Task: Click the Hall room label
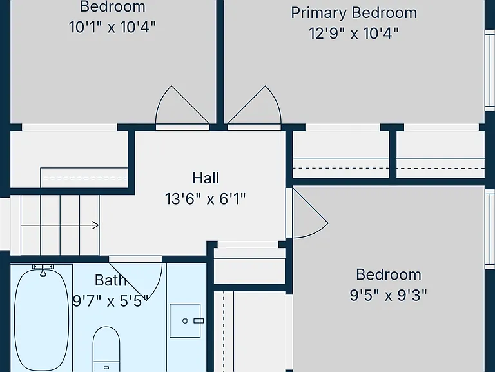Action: point(206,178)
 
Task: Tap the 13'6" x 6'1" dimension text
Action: point(205,200)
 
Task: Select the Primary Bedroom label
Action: point(354,14)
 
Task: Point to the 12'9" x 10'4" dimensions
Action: point(354,33)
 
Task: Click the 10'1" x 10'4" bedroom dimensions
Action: point(112,27)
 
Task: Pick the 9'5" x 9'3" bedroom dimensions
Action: point(388,295)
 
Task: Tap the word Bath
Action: point(110,280)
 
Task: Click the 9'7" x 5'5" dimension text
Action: point(110,301)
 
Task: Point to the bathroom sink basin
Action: point(185,321)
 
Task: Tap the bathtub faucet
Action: point(43,271)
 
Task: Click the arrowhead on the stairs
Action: point(95,225)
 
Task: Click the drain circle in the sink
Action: point(185,321)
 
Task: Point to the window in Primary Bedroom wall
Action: point(490,70)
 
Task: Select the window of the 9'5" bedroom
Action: point(490,229)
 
